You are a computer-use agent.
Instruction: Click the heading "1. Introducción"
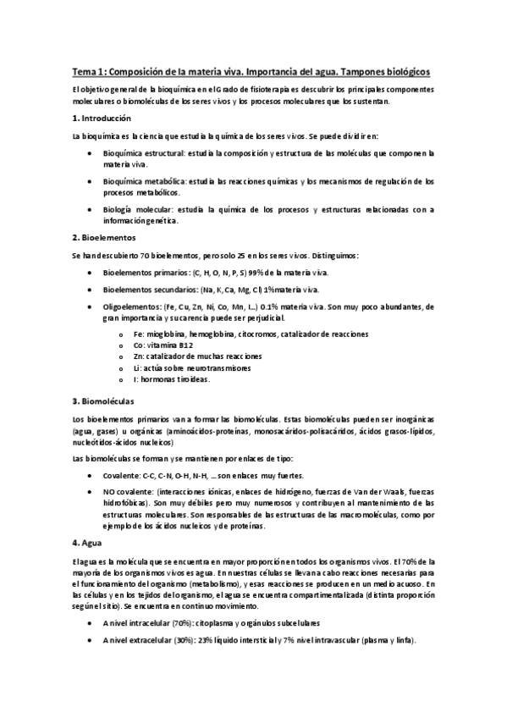click(x=102, y=119)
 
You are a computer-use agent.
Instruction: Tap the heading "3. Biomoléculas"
click(x=103, y=399)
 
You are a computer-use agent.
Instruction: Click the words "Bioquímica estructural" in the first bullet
click(x=141, y=153)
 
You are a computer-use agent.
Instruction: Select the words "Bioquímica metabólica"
click(x=142, y=181)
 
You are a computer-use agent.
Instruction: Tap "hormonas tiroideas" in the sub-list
click(x=174, y=378)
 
